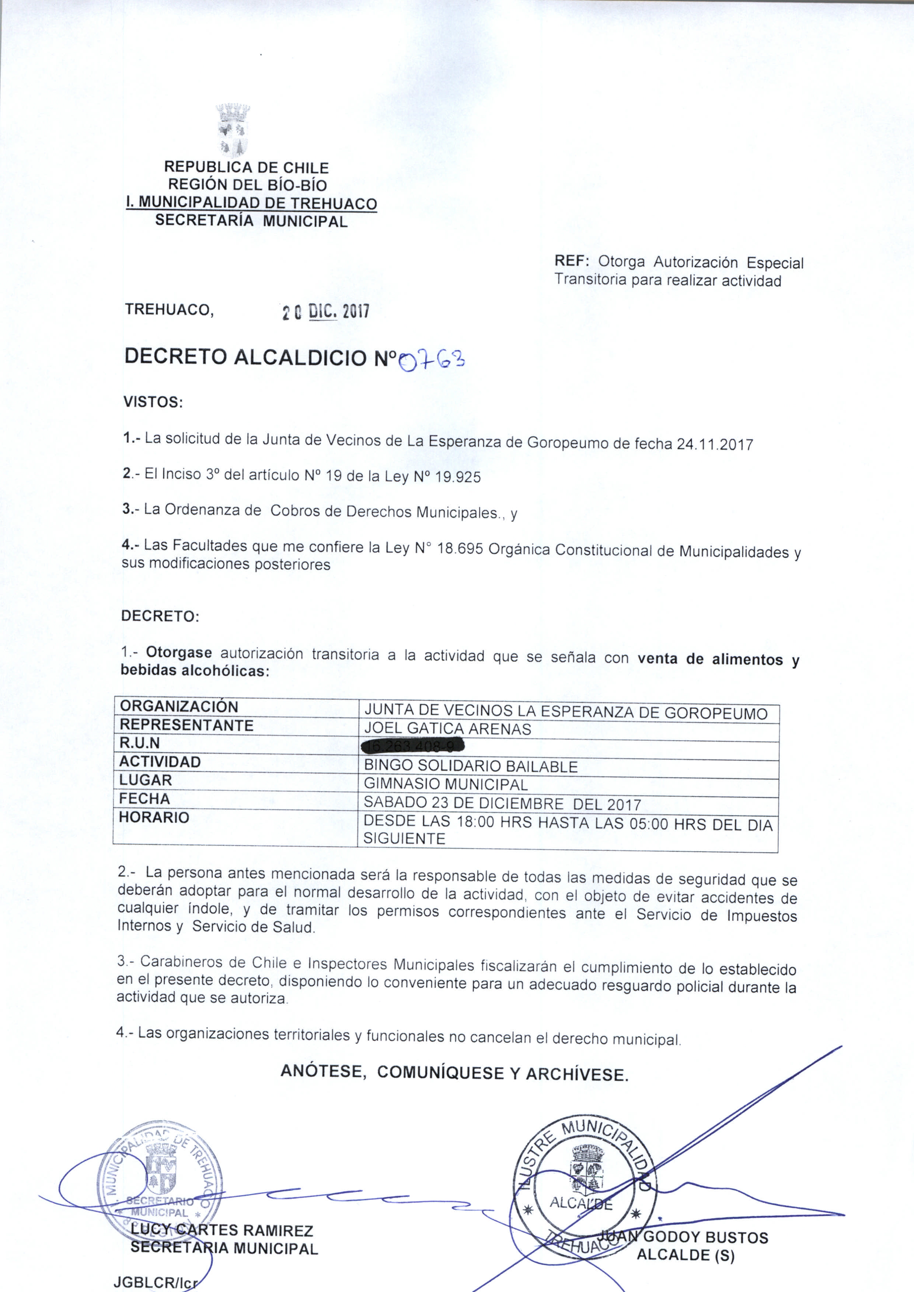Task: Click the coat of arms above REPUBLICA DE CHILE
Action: tap(233, 129)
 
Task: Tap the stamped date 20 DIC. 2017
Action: tap(325, 311)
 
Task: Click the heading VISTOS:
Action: tap(153, 403)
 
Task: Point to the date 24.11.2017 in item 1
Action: tap(714, 445)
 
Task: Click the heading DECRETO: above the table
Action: tap(160, 616)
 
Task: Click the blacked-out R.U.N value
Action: tap(414, 747)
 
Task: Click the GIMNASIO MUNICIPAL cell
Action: tap(446, 784)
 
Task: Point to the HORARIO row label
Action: tap(154, 817)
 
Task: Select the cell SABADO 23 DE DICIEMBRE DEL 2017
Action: tap(502, 803)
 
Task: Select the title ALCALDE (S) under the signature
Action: tap(685, 1255)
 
